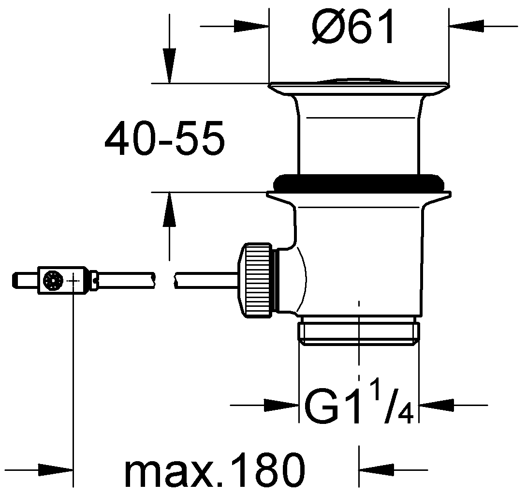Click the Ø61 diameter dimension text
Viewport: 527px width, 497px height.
[352, 26]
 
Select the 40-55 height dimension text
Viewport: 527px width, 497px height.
[164, 138]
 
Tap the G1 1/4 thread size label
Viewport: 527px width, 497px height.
[359, 406]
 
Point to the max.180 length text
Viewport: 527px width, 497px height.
[215, 469]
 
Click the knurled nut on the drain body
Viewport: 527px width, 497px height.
[255, 280]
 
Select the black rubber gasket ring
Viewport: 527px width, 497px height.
[359, 183]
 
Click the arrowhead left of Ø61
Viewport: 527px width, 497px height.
[251, 26]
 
